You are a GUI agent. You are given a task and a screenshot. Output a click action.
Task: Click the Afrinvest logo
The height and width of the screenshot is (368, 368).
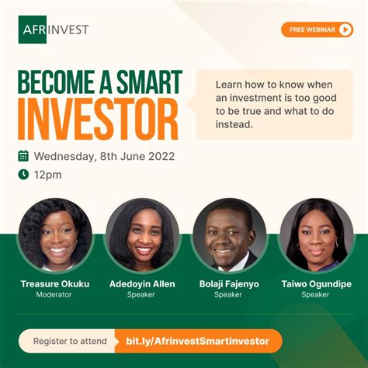54,30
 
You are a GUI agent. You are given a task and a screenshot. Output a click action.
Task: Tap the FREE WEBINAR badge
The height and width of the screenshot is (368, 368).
317,30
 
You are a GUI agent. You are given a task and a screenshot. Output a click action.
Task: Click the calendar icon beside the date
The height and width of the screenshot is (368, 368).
23,156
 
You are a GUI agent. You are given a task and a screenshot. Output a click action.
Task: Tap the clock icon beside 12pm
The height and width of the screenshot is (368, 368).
23,175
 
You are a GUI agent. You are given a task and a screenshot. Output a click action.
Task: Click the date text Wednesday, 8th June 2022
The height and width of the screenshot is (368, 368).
104,156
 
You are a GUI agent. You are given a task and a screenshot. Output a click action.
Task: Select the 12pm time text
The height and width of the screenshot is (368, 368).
47,175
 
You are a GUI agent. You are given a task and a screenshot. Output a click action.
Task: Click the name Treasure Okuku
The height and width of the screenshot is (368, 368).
55,284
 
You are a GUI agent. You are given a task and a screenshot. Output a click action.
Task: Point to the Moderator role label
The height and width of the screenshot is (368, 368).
55,295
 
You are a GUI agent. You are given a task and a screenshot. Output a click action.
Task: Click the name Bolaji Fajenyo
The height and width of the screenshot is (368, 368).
229,284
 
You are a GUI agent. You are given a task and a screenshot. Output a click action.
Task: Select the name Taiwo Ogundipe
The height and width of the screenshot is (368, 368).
316,284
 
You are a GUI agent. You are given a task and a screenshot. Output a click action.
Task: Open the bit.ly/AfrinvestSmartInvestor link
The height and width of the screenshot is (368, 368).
197,341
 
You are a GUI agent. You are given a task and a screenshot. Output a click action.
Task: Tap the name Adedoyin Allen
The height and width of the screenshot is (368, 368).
142,284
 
